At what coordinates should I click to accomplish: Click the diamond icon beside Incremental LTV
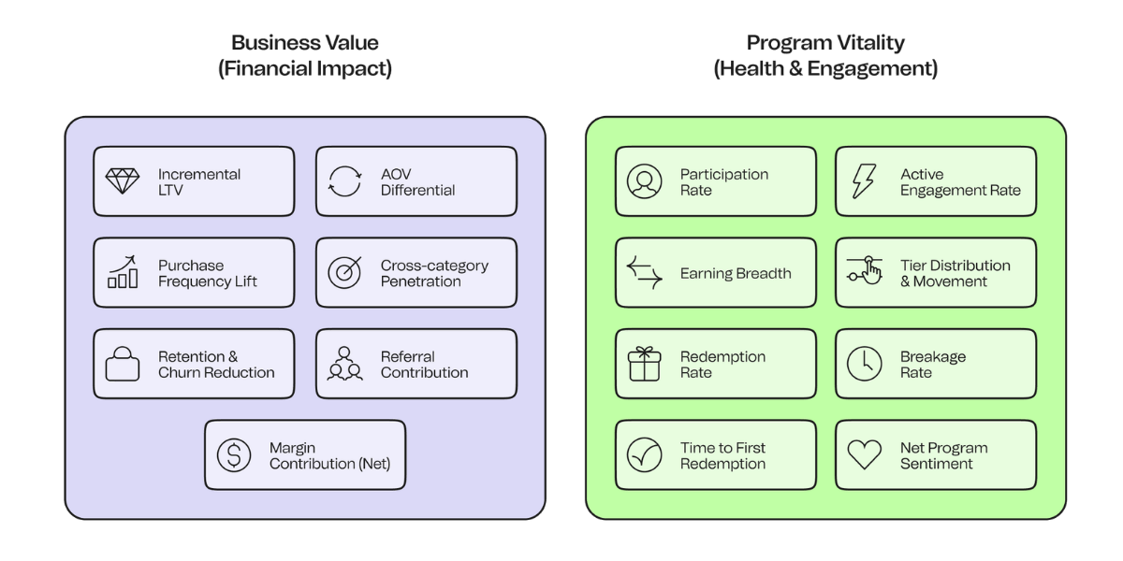point(123,181)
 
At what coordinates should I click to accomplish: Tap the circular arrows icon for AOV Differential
point(344,181)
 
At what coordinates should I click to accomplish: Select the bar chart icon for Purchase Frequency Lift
point(123,272)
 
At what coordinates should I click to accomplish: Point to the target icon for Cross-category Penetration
point(344,272)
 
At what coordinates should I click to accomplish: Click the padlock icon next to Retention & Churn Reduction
point(123,364)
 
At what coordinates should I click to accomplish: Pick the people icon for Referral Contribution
point(344,364)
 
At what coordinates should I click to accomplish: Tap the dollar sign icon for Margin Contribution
point(234,455)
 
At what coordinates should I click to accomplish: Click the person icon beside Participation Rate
point(645,181)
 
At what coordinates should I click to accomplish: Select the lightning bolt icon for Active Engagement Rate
point(864,181)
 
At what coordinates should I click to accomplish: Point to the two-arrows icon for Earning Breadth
point(645,272)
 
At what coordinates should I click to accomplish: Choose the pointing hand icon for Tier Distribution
point(865,272)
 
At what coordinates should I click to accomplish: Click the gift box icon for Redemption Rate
point(645,364)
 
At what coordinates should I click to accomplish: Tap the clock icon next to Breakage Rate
point(865,364)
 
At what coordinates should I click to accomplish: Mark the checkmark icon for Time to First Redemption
point(645,455)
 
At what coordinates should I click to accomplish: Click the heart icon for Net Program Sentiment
point(865,455)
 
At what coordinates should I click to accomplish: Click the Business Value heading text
point(305,43)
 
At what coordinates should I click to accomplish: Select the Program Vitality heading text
point(825,43)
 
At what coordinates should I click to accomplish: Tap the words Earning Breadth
point(736,273)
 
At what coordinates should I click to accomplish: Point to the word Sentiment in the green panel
point(937,464)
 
